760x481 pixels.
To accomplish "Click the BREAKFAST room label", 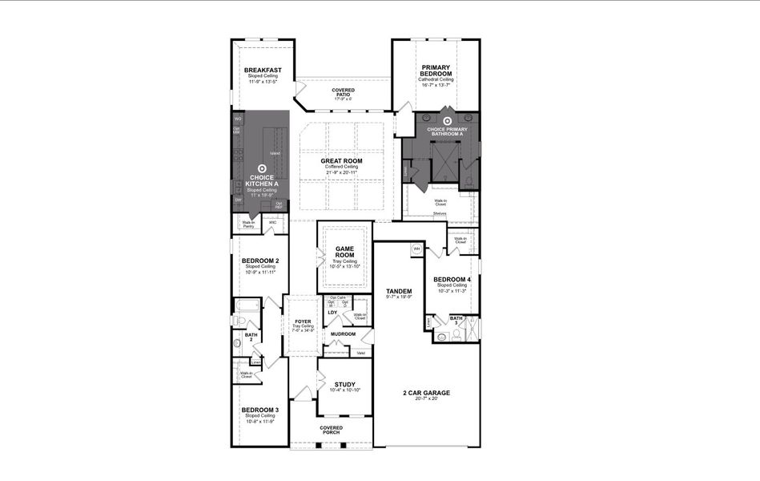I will (x=263, y=71).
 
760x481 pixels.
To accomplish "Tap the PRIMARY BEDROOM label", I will (x=436, y=71).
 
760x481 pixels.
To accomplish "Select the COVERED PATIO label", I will (x=343, y=92).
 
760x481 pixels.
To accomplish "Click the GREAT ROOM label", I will (x=342, y=161).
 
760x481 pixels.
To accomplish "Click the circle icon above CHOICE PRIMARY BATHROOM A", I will (x=447, y=122).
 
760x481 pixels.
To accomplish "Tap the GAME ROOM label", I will (x=344, y=251).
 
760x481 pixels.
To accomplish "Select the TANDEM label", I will (x=399, y=291).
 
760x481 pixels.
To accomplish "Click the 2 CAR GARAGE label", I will (x=426, y=393).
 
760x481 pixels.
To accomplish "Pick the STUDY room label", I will (x=344, y=385).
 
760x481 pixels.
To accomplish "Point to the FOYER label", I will (x=302, y=321).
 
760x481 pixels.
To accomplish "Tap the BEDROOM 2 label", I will (x=260, y=261).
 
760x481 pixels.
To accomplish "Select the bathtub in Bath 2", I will (x=247, y=306).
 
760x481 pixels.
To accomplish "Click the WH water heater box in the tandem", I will (x=416, y=249).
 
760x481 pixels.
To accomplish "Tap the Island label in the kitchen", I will (x=275, y=153).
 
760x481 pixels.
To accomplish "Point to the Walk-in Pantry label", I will (x=248, y=225).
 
